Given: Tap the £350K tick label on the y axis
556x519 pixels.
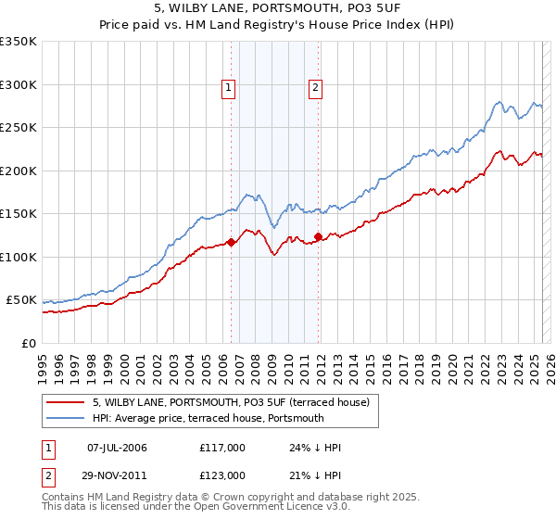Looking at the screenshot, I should coord(19,42).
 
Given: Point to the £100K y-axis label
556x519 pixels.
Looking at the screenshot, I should coord(19,257).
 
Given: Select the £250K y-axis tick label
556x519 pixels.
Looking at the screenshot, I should coord(19,128).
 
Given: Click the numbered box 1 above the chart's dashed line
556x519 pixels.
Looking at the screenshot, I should coord(228,88).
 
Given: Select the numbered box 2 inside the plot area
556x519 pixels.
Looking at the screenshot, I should coord(315,88).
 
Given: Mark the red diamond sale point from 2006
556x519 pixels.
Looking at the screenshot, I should coord(231,243).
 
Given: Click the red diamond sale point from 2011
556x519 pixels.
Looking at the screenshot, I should coord(318,237).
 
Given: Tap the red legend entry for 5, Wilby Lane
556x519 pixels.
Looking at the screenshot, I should coord(231,402).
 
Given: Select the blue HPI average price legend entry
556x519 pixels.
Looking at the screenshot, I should coord(208,418).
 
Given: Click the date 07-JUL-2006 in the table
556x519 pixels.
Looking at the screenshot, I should coord(117,448).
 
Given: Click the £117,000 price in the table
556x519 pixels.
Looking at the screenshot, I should coord(221,448).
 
